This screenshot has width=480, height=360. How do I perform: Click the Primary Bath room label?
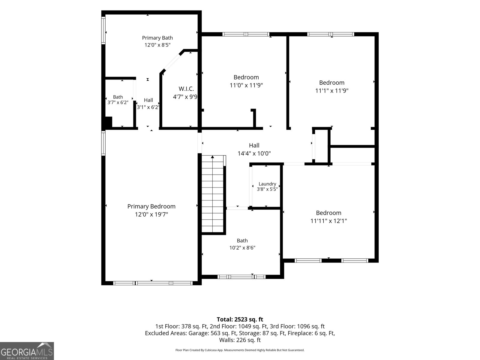(157, 38)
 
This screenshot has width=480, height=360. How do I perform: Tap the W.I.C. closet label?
(186, 89)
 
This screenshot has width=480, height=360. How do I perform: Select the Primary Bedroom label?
(151, 206)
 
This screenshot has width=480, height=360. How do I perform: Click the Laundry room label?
(267, 184)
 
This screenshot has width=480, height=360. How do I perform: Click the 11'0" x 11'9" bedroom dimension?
(246, 85)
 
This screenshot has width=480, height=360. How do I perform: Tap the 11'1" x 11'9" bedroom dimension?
(331, 91)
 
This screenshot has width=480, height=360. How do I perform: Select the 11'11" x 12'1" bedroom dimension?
(328, 221)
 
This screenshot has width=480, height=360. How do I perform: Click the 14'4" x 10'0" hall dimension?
(254, 153)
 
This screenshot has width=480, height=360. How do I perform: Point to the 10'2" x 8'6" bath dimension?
(242, 248)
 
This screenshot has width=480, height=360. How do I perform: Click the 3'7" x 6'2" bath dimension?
(118, 102)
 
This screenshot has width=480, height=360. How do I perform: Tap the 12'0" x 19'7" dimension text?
(151, 214)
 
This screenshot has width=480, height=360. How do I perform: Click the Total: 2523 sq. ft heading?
(240, 319)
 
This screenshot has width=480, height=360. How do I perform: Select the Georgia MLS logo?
(27, 351)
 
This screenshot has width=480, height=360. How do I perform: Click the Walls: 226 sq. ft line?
(240, 340)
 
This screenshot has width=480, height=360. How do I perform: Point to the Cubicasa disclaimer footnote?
(240, 350)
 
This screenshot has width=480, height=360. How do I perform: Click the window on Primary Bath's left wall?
(103, 30)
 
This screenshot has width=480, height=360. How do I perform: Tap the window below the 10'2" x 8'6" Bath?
(241, 277)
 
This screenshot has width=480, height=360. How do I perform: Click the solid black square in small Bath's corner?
(109, 122)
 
